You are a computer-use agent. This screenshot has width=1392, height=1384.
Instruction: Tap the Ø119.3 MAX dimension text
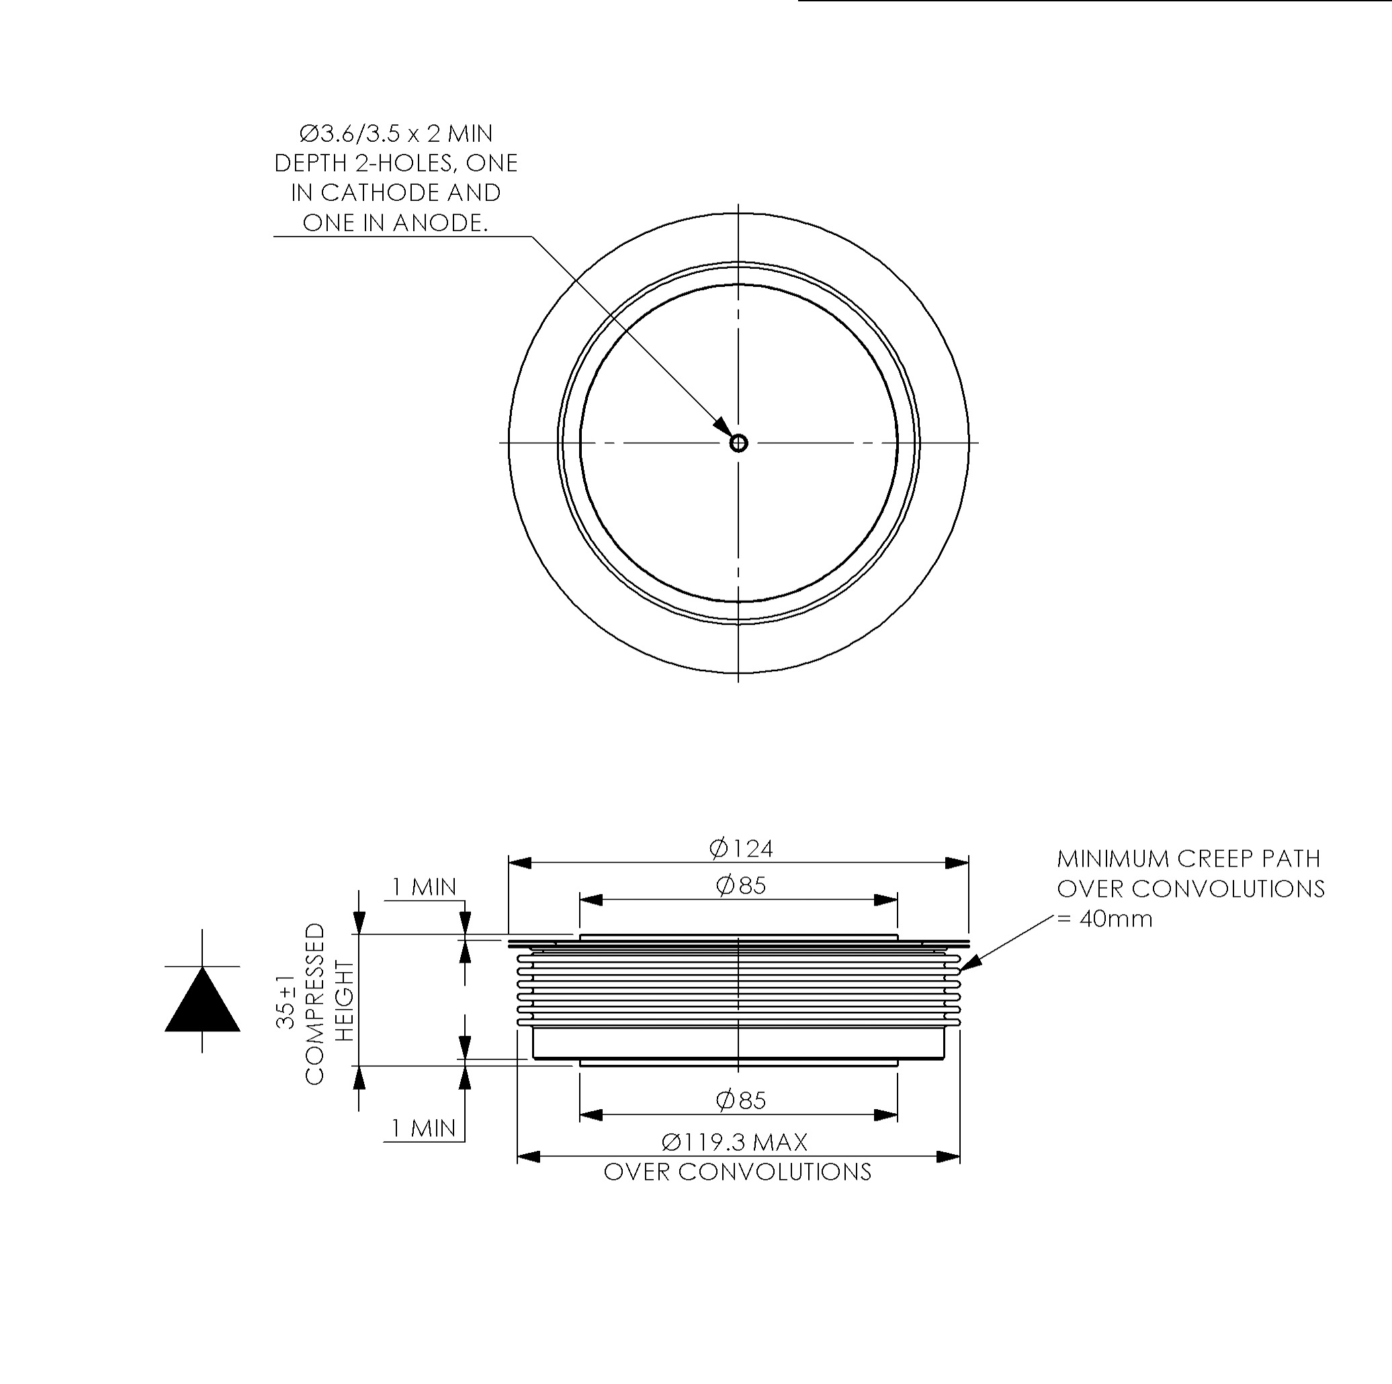734,1142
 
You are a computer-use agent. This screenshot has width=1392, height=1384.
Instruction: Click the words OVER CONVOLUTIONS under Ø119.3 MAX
737,1172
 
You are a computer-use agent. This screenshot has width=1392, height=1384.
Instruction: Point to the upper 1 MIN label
424,887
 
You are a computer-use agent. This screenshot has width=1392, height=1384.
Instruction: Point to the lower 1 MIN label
424,1128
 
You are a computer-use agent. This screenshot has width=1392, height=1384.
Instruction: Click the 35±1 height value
286,1002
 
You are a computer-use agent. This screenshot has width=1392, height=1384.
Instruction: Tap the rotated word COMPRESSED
315,1004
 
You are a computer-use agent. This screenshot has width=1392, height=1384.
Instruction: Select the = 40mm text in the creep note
1104,919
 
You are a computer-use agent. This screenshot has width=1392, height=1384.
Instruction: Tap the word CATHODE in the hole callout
374,192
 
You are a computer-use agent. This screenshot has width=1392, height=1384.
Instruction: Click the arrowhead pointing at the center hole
724,427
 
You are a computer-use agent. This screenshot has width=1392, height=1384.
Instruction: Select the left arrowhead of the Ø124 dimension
520,863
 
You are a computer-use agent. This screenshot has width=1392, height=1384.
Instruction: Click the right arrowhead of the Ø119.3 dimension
948,1157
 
